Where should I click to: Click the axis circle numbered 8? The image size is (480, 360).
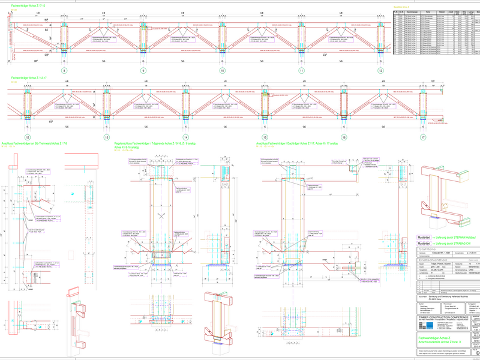[65, 70]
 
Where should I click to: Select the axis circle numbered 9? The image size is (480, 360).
[143, 70]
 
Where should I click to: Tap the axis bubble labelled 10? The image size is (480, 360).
[223, 70]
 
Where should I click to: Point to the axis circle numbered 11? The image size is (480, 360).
[301, 70]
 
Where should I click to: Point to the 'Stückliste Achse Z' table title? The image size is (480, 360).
[401, 6]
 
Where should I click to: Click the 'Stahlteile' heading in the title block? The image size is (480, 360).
[429, 249]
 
